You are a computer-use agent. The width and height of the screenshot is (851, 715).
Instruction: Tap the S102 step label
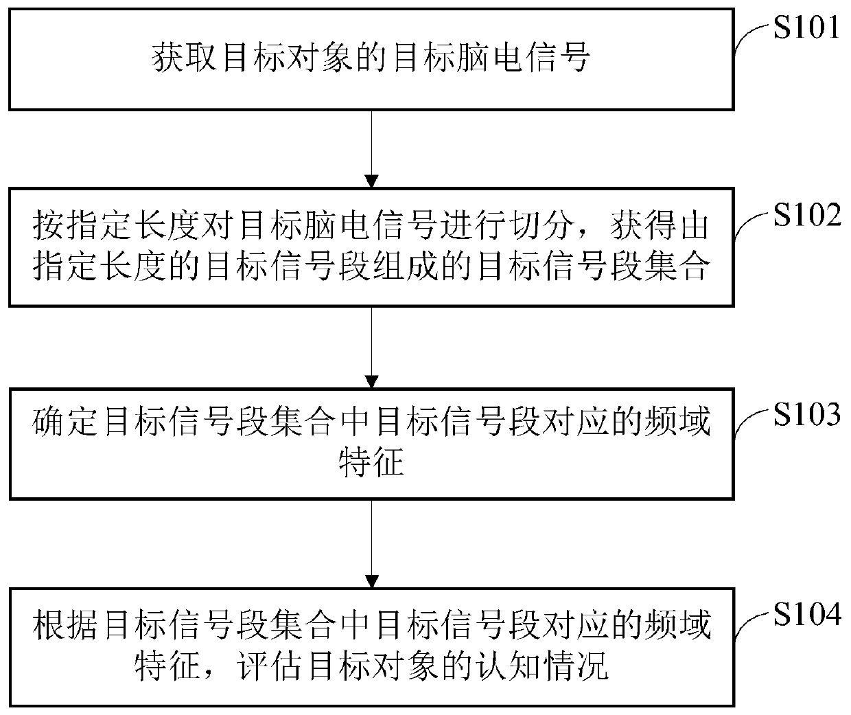point(807,216)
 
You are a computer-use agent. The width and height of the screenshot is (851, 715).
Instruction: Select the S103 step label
point(807,415)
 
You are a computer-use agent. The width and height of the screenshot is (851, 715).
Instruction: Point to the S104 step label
point(807,615)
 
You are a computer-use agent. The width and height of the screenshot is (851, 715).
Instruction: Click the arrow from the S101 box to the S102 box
point(371,148)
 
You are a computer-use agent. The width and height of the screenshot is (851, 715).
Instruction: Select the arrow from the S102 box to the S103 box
point(371,347)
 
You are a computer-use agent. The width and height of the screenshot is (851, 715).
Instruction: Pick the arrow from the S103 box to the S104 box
point(371,546)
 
